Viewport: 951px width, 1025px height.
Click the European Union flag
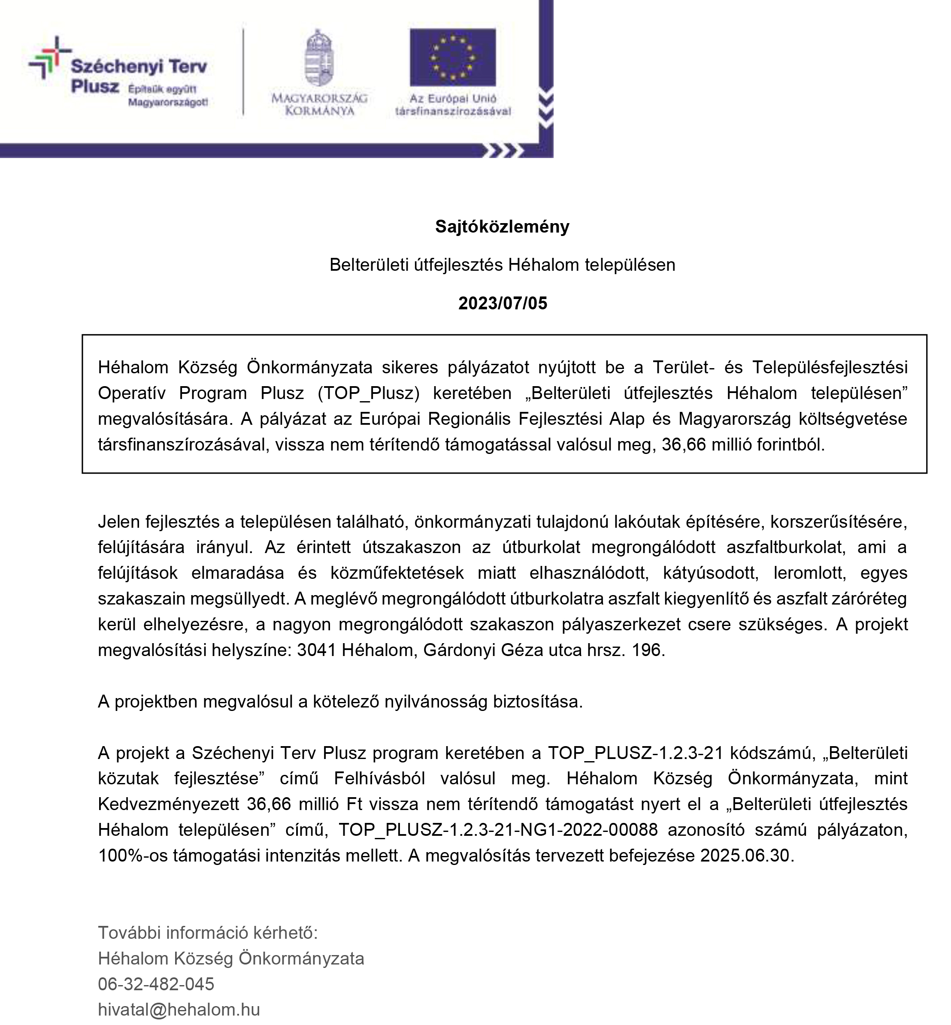(452, 57)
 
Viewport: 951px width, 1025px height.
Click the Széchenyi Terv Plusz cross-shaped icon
(49, 57)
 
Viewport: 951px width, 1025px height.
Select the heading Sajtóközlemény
(502, 227)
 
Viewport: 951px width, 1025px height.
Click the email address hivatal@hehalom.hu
(179, 1010)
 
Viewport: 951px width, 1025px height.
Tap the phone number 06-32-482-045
(156, 984)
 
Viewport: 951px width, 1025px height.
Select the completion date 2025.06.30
(745, 855)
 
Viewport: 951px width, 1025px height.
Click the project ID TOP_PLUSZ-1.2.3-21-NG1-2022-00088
(498, 829)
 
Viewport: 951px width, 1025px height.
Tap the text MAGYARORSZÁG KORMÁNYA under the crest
(319, 104)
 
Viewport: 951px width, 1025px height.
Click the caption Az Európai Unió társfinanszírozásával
(453, 104)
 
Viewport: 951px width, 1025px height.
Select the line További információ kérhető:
(208, 932)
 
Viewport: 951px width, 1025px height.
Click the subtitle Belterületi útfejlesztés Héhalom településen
(502, 265)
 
